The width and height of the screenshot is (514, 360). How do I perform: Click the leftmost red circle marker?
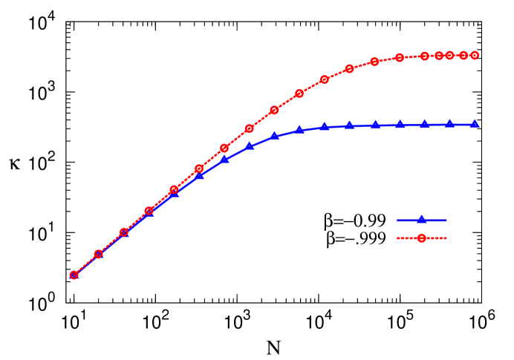point(74,275)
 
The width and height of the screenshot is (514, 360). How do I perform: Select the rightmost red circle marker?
point(474,55)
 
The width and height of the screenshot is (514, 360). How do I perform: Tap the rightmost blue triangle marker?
point(474,124)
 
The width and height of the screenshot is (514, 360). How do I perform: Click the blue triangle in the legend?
point(421,220)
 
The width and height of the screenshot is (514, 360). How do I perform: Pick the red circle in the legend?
point(421,238)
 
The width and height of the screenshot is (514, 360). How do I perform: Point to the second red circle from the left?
point(98,254)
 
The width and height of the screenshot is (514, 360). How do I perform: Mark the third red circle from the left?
point(124,232)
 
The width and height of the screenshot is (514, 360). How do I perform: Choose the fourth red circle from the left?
point(149,211)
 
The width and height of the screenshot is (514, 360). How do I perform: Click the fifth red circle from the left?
point(174,190)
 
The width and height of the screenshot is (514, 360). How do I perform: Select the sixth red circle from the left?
point(199,168)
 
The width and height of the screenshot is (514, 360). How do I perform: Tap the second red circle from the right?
point(463,55)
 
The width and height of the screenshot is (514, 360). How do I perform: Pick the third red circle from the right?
point(449,56)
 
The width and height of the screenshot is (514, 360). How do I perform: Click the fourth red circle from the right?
point(439,56)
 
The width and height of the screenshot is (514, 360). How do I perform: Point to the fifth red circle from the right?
point(424,56)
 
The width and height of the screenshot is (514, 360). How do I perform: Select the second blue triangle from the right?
point(449,124)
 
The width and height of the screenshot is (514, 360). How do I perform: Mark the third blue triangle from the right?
point(425,125)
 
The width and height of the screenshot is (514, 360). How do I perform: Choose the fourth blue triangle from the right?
point(400,125)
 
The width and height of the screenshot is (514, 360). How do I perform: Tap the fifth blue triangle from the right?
point(375,125)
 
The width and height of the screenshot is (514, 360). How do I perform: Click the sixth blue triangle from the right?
point(349,125)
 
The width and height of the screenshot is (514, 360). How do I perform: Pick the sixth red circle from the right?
point(400,57)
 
